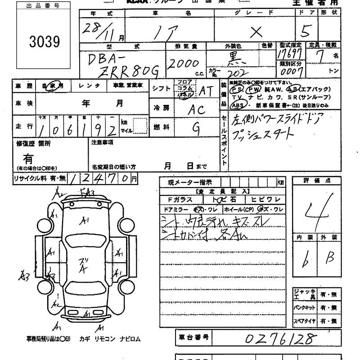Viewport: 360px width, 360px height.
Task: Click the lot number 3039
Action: click(x=45, y=41)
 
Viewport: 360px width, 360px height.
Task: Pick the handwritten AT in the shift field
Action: click(x=207, y=91)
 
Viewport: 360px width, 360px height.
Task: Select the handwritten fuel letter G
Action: click(x=196, y=128)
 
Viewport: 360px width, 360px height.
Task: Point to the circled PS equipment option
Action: click(x=237, y=90)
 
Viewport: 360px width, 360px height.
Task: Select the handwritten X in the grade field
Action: click(x=256, y=31)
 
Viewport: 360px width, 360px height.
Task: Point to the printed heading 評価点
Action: click(x=318, y=180)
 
